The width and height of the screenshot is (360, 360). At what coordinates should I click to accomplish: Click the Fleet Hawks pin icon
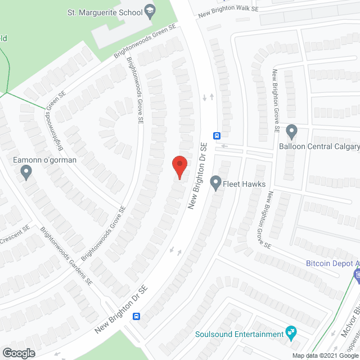coord(215,182)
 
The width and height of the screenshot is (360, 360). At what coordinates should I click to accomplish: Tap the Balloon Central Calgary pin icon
coord(291,132)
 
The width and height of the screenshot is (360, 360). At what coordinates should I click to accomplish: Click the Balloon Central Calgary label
coord(319,147)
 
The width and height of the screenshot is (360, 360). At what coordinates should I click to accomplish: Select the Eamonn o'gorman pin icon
coord(26,173)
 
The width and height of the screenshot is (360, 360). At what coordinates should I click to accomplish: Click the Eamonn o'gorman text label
coord(44,160)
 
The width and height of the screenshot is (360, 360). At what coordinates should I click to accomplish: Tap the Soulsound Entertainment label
coord(239,334)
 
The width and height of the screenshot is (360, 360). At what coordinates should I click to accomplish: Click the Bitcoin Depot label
coord(332,263)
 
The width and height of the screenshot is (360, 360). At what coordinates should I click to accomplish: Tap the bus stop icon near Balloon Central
coord(217,135)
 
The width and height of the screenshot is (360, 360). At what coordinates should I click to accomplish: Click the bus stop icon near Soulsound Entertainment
coord(137,317)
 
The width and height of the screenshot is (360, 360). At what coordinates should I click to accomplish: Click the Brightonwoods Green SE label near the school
coord(145,42)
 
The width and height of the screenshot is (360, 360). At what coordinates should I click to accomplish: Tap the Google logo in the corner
coord(19,353)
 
